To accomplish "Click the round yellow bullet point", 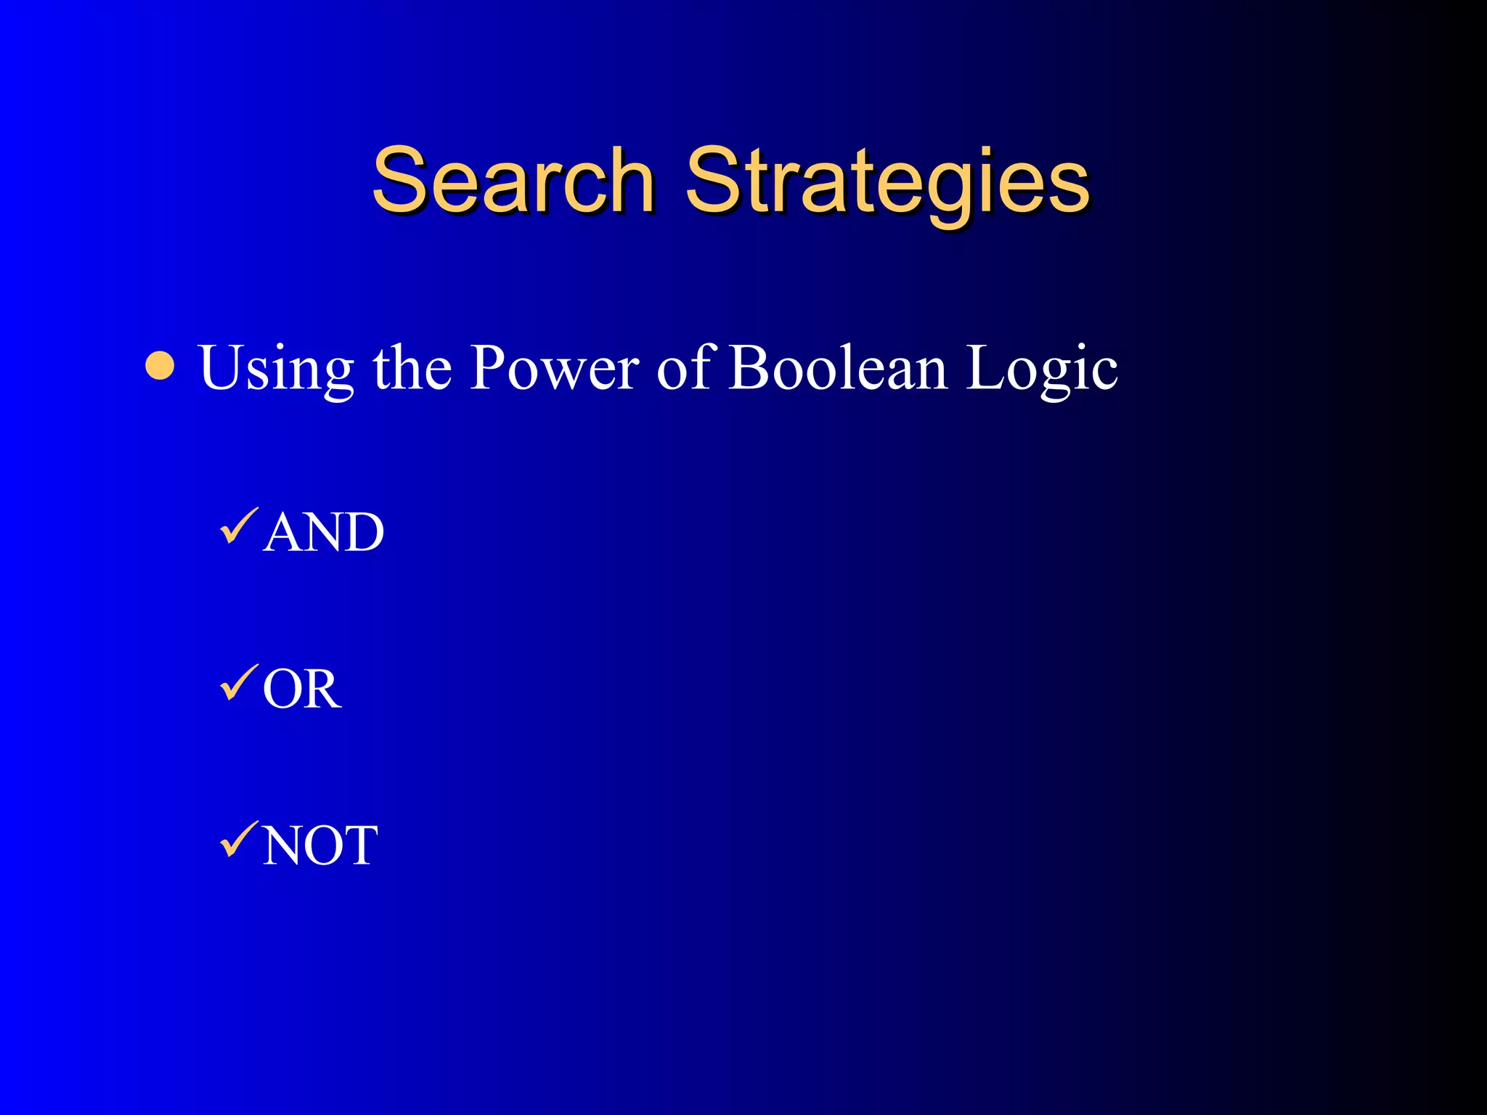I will coord(160,367).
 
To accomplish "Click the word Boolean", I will coord(838,368).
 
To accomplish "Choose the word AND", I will coord(324,532).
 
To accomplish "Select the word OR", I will coord(302,689).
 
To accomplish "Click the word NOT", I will coord(320,845).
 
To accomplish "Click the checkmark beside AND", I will coord(238,526).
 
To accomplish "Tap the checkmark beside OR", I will coord(238,683).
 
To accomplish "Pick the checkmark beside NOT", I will coord(238,840).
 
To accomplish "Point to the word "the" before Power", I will coord(412,368).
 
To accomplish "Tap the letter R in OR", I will coord(322,689).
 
